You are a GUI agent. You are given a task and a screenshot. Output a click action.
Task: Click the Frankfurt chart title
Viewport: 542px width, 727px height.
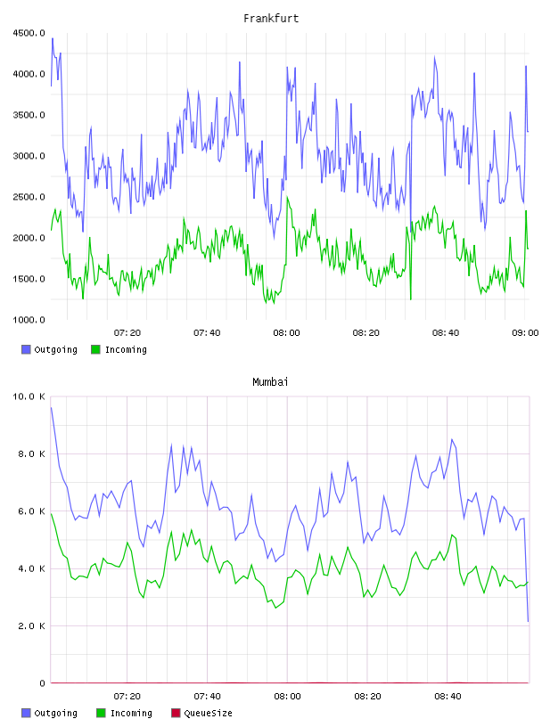271,18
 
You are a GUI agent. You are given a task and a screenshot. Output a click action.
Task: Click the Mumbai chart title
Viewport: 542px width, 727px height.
270,381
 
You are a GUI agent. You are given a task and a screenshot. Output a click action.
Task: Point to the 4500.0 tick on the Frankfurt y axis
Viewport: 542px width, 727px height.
29,33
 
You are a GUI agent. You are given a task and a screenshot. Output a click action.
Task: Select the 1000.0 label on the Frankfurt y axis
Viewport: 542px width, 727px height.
29,320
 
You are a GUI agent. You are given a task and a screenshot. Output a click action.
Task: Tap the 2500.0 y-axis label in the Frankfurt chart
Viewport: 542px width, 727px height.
29,197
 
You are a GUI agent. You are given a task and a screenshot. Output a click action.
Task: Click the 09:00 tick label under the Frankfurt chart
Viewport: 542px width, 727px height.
525,332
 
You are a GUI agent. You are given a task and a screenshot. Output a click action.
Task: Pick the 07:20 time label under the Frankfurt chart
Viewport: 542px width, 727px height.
127,332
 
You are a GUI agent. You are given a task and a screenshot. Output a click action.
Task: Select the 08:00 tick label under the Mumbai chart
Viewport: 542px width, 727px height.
287,696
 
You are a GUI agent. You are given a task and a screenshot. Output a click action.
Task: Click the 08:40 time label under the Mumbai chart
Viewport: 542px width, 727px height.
448,696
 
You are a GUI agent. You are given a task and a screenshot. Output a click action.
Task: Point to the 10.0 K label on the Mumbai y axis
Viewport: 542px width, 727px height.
29,396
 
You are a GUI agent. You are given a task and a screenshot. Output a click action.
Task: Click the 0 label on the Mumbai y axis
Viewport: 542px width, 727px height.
42,683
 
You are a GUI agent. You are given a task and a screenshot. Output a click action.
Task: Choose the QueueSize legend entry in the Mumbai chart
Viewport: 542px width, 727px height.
208,713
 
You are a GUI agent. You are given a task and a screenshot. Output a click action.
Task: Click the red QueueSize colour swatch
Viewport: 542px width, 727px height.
176,713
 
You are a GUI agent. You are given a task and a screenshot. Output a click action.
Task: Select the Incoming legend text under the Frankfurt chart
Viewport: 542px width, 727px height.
126,349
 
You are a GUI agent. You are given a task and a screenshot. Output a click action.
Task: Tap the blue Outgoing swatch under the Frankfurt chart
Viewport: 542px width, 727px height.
26,349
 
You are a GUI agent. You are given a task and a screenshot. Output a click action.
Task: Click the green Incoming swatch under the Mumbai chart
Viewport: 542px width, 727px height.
101,713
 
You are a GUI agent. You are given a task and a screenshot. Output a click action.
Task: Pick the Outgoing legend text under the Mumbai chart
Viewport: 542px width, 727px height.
55,713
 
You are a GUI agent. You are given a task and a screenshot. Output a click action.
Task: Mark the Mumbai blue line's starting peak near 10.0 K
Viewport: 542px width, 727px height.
51,407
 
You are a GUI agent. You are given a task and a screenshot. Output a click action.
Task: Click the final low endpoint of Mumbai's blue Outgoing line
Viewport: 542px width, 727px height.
528,621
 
